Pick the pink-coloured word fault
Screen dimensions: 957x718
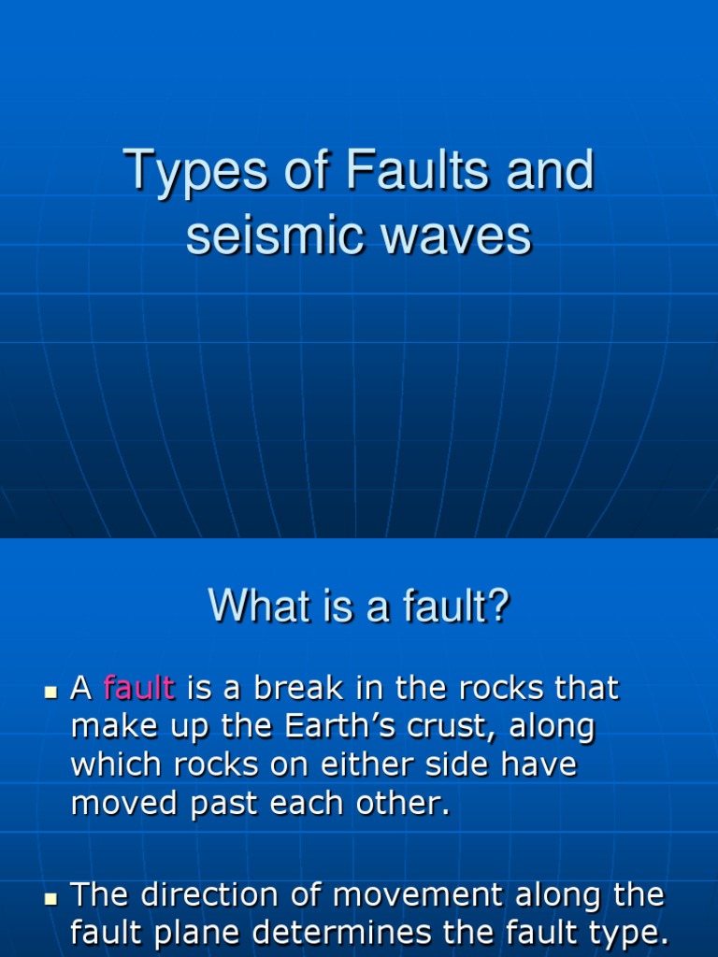click(x=139, y=689)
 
